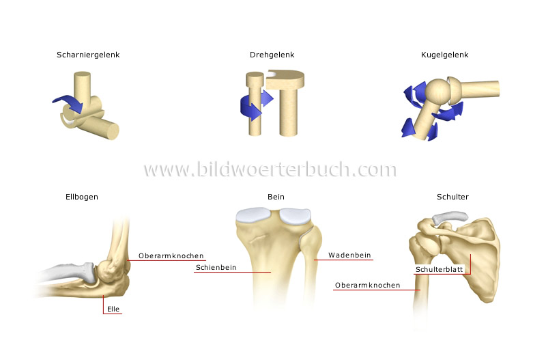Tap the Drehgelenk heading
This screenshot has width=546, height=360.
click(272, 55)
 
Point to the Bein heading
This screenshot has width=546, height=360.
click(276, 197)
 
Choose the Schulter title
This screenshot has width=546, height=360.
click(452, 197)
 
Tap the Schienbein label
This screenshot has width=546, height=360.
click(216, 268)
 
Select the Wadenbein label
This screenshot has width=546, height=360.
click(349, 255)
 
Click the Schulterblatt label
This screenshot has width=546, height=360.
click(439, 269)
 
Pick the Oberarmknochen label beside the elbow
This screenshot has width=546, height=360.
click(171, 255)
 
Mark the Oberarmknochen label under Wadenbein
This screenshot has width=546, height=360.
click(368, 285)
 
